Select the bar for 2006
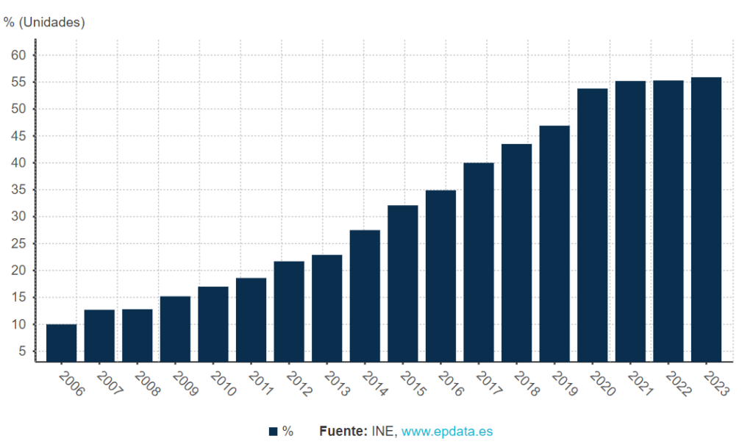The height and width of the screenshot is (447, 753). point(61,343)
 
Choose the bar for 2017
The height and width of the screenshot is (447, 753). point(479,262)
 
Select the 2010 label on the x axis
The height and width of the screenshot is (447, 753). point(221,383)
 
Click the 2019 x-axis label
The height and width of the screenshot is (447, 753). point(563,383)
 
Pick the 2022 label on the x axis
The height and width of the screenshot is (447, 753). point(677,383)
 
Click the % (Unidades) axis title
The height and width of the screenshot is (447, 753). point(44,22)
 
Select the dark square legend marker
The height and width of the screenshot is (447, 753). point(273,432)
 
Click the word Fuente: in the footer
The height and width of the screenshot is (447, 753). point(343,432)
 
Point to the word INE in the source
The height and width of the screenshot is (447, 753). point(383,432)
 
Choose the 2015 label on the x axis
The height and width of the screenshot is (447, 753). point(411,383)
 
